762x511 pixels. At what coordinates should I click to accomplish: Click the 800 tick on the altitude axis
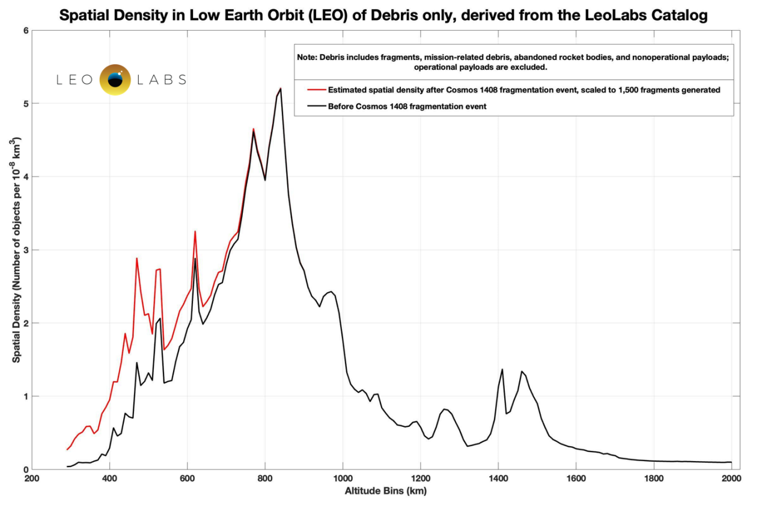[264, 479]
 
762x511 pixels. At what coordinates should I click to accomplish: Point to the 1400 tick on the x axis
[498, 479]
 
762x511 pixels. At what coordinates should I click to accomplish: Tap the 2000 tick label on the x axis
[731, 479]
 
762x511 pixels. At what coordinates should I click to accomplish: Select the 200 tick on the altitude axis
[32, 479]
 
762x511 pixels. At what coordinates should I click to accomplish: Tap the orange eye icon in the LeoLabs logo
[115, 79]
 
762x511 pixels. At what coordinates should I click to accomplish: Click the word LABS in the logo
[162, 79]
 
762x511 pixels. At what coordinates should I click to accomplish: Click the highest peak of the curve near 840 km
[281, 88]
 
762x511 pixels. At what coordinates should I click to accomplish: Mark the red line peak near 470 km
[137, 259]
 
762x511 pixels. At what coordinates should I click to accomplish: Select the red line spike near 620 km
[195, 231]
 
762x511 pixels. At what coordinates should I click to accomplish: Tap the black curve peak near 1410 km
[502, 369]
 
